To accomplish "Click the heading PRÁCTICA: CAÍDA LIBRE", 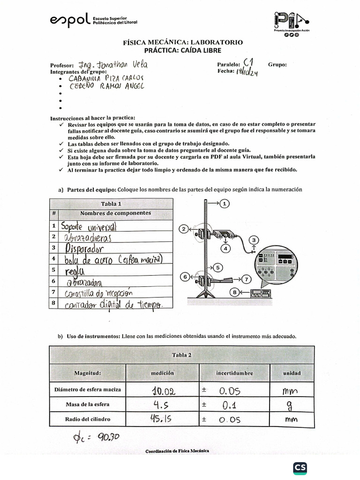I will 183,50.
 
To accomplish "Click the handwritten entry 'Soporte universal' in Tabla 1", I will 88,226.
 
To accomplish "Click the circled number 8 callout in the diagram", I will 233,293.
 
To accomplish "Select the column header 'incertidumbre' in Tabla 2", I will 234,373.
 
